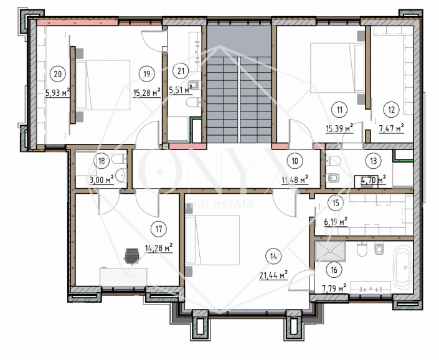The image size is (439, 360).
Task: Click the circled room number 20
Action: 58,74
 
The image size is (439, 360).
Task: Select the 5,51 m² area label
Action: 181,90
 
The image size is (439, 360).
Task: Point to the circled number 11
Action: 339,110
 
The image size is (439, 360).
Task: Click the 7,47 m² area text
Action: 391,128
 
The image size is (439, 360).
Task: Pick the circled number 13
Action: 373,161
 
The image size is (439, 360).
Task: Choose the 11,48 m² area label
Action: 295,180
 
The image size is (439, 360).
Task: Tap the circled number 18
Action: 101,161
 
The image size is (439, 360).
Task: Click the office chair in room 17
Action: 132,256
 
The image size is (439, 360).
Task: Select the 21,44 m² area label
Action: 273,275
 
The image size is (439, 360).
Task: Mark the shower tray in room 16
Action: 330,252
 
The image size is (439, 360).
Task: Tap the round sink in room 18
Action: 121,176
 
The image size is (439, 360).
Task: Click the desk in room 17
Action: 123,277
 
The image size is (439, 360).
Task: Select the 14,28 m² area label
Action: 158,248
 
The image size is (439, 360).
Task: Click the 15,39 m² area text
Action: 339,128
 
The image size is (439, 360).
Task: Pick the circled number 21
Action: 181,71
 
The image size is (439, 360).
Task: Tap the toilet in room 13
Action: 333,161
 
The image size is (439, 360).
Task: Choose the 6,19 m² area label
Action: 336,222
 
